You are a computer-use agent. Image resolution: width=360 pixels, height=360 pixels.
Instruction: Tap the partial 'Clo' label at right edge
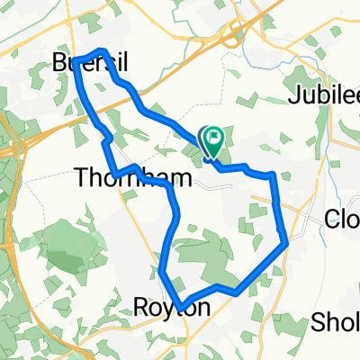(x=341, y=219)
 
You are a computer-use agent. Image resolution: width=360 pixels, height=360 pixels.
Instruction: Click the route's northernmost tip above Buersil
(x=103, y=52)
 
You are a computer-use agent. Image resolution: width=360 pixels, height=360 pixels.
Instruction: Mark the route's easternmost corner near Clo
(x=285, y=240)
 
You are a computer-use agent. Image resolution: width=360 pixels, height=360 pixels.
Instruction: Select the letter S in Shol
(x=317, y=322)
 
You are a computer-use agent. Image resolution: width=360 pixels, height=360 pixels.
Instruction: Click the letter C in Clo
(x=330, y=219)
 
